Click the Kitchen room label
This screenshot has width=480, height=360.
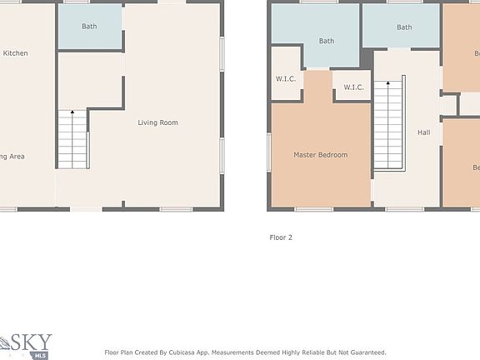coord(15,53)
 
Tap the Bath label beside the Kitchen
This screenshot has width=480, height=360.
coord(89,27)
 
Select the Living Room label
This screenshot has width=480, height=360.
coord(157,123)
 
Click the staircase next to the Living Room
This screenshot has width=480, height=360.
coord(72,140)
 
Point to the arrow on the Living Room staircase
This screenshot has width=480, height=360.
coord(72,112)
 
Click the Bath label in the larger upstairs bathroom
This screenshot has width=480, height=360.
coord(326,41)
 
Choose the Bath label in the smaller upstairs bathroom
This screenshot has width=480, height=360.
coord(404,27)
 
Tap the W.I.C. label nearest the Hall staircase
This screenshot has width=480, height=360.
coord(353,87)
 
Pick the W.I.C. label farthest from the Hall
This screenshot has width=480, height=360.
coord(286,80)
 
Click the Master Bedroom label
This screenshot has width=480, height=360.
coord(320,155)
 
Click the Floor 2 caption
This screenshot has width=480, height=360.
coord(281,237)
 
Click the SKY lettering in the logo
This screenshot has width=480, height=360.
coord(33,342)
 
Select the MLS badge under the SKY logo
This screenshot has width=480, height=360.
coord(39,355)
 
